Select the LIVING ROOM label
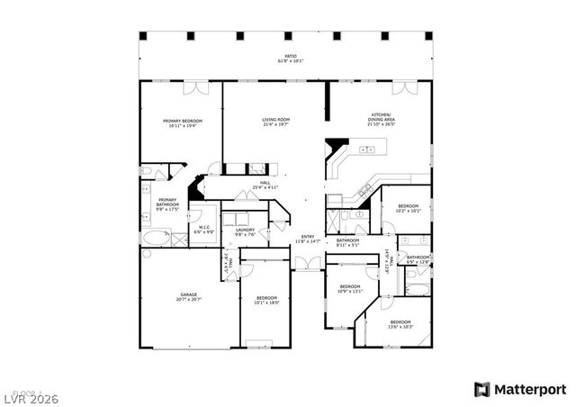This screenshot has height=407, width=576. [x=275, y=122]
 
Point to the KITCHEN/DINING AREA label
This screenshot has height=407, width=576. [x=381, y=118]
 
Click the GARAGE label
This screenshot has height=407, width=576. [x=189, y=296]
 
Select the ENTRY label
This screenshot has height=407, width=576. [x=309, y=239]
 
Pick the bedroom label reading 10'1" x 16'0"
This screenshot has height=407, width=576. [x=267, y=300]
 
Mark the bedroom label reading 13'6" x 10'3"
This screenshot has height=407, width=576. [x=400, y=323]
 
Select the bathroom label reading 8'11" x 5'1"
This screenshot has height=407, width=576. [x=348, y=242]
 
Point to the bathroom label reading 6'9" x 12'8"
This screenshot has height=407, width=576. [x=418, y=259]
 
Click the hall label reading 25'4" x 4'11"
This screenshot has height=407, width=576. [x=265, y=185]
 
